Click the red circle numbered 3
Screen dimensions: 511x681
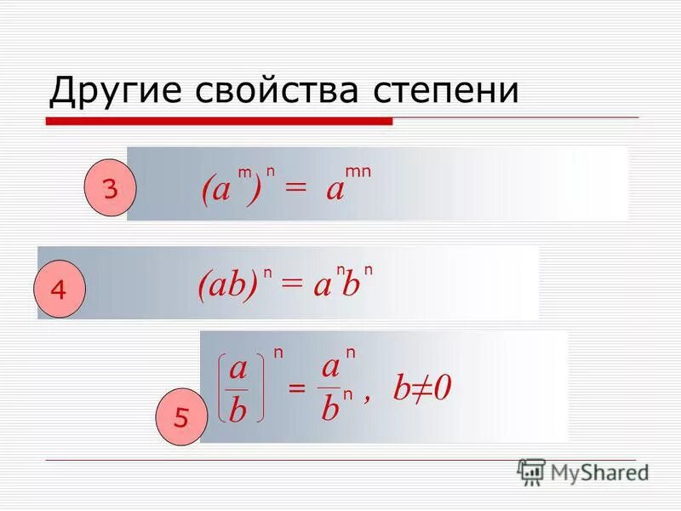coord(110,190)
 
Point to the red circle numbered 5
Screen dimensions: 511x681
coord(180,417)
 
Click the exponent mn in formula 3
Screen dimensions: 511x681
coord(358,172)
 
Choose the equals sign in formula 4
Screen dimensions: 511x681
coord(291,287)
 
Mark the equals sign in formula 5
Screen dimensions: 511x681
coord(295,389)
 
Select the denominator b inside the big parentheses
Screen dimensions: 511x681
coord(238,411)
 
